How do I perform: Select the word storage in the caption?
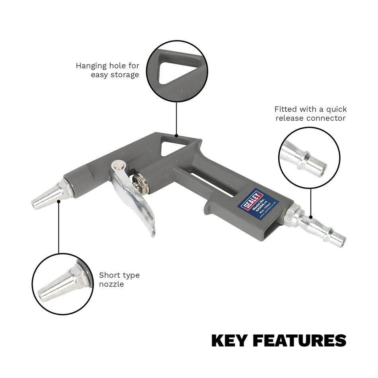click(x=123, y=75)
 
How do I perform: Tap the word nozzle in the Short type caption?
click(x=111, y=284)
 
